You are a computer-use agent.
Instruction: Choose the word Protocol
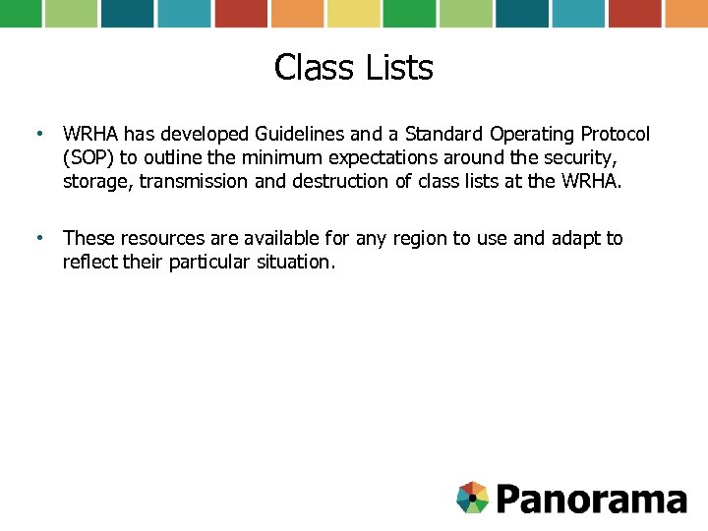[615, 134]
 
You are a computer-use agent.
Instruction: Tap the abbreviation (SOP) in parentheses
[88, 157]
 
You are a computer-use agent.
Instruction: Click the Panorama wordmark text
[591, 499]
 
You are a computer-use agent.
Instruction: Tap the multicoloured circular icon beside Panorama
[473, 498]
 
